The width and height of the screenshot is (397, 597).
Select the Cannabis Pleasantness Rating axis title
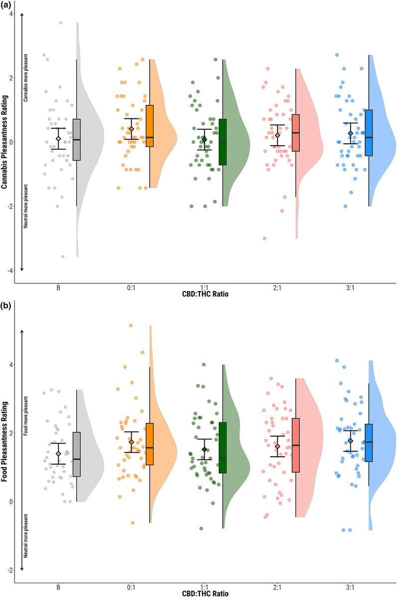coord(5,142)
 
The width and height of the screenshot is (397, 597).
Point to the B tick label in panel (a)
coord(58,288)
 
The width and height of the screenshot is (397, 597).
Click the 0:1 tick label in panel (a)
coord(132,288)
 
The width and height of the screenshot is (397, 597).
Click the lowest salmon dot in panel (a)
coord(264,238)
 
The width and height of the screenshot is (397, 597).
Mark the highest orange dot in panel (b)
coord(131,325)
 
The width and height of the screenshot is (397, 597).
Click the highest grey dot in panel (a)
coord(61,22)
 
